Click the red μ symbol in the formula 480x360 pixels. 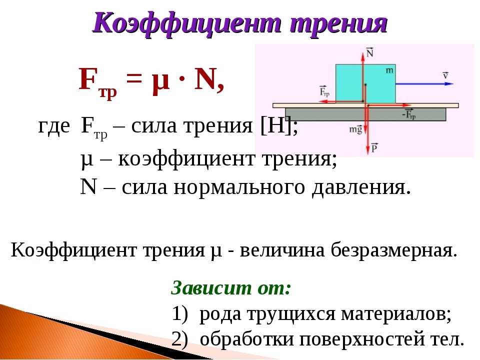(160, 82)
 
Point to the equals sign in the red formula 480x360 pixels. (134, 80)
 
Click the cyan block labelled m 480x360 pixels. (365, 83)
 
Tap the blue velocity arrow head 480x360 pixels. (449, 83)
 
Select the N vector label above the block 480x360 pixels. (370, 52)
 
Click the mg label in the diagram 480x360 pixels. (355, 129)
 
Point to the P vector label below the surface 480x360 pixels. (374, 147)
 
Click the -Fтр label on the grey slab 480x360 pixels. (409, 114)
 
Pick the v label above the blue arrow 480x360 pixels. (445, 75)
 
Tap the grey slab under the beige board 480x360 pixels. (365, 114)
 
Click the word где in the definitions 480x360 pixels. (54, 126)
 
